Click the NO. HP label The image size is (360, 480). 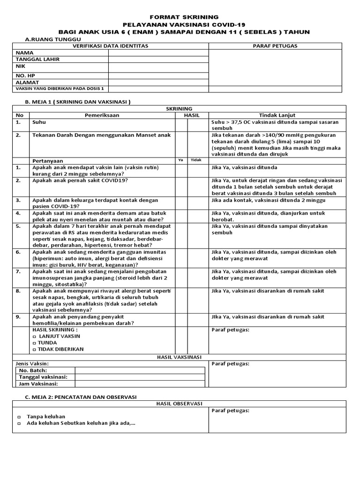click(x=26, y=75)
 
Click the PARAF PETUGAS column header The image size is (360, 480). click(x=275, y=46)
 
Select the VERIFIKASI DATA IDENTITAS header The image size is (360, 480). click(x=110, y=46)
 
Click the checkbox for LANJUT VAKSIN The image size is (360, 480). click(x=34, y=336)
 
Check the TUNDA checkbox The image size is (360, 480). click(x=34, y=343)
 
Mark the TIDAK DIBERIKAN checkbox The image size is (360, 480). click(x=34, y=349)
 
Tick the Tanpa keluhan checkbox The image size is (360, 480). click(x=19, y=417)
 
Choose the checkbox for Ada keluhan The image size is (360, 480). click(x=19, y=424)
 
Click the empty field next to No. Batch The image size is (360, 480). click(x=140, y=370)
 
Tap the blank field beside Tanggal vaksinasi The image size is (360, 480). click(x=140, y=377)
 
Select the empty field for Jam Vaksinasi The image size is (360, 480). click(x=140, y=384)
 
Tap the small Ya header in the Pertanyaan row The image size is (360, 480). click(x=180, y=160)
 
